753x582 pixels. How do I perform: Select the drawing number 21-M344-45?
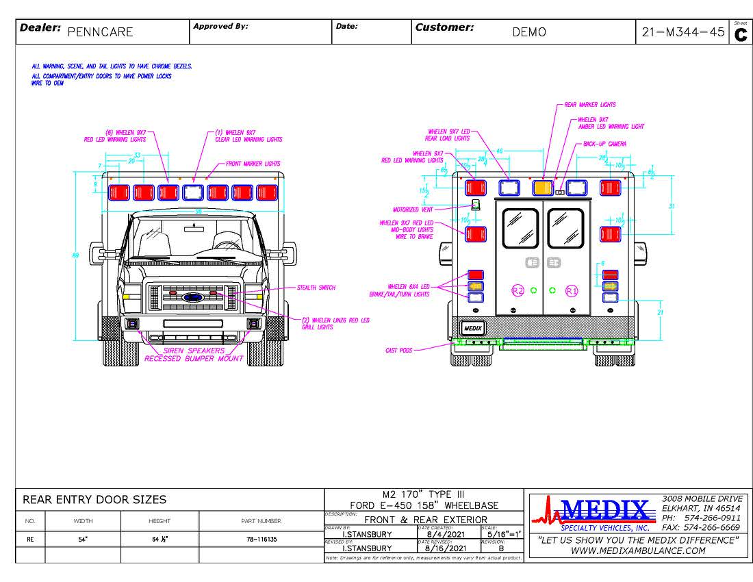[x=682, y=32]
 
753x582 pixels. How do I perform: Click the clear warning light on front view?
[x=193, y=192]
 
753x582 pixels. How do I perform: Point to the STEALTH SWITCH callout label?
[x=316, y=288]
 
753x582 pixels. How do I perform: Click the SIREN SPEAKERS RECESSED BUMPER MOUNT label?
[x=194, y=354]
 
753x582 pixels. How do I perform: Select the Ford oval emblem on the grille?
[x=194, y=298]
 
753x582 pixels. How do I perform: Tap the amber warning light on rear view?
[x=543, y=188]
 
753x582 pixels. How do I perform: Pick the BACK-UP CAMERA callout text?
[x=604, y=144]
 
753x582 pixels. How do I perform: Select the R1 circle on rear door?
[x=572, y=290]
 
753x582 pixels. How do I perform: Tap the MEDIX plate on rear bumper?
[x=473, y=328]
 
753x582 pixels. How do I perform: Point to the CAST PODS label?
[x=399, y=350]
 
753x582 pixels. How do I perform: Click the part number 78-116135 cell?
[x=261, y=539]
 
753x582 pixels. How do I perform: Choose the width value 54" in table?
[x=82, y=539]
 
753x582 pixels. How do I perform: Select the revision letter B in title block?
[x=501, y=548]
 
